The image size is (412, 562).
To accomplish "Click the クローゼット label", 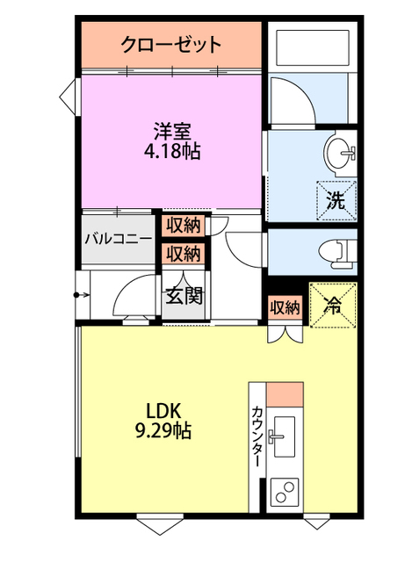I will click(171, 44).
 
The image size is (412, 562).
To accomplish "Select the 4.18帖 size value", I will click(171, 152).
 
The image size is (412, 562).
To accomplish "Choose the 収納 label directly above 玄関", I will click(184, 254).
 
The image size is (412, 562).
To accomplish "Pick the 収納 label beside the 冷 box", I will click(285, 307).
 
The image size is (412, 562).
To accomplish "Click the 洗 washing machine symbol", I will click(336, 198).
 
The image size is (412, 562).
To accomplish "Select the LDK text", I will click(163, 411).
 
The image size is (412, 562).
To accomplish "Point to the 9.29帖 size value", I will click(163, 431).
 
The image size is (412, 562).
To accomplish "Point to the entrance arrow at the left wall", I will click(82, 295).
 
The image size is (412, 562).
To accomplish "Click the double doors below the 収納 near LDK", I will click(285, 333).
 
